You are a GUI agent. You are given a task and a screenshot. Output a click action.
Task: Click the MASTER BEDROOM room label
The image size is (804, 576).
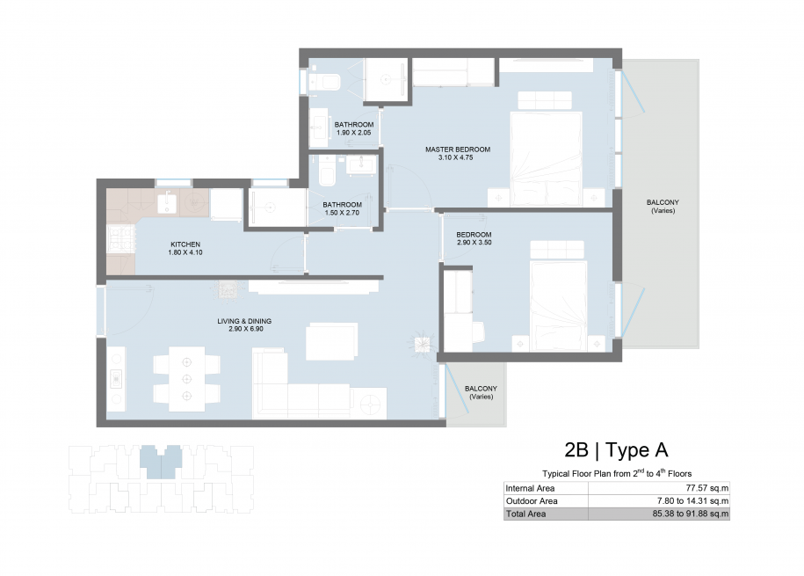tap(458, 149)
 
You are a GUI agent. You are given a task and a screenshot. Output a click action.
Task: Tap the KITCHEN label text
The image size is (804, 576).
tap(185, 244)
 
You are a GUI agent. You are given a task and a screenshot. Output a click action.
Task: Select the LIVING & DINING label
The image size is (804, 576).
tap(244, 321)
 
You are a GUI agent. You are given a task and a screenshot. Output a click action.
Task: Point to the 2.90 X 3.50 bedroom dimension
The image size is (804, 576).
tap(474, 243)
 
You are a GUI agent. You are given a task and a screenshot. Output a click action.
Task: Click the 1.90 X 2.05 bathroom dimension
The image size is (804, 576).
tap(354, 133)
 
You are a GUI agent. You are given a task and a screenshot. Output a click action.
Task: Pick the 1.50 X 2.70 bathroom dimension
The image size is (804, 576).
tap(342, 213)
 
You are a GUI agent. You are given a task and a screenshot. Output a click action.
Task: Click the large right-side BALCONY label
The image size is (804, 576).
tap(663, 202)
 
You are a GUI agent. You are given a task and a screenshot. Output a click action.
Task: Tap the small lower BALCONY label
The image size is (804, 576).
tap(481, 389)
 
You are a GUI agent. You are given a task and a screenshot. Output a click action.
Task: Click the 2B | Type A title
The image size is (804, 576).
tap(616, 450)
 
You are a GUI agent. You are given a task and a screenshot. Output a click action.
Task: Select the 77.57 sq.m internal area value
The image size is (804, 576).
tap(707, 488)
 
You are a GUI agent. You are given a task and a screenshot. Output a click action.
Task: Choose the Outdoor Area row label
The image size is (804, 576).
tap(532, 501)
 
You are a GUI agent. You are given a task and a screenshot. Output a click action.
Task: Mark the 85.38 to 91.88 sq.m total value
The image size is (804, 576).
tap(690, 514)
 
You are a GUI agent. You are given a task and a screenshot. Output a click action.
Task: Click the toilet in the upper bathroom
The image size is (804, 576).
tap(324, 82)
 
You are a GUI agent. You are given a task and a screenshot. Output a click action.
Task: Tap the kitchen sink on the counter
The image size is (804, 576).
tap(167, 203)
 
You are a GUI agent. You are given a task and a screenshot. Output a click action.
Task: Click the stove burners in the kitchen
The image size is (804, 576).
tap(121, 238)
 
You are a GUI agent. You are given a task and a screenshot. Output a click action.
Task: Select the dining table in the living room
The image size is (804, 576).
tap(186, 379)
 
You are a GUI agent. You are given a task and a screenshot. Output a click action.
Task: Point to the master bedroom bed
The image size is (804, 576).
tap(547, 158)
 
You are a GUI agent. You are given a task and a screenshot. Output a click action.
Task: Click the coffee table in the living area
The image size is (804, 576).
tap(332, 341)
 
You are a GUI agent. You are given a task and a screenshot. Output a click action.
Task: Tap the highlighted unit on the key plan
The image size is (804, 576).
tap(161, 462)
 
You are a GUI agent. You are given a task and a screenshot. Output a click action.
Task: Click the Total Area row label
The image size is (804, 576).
tap(525, 514)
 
